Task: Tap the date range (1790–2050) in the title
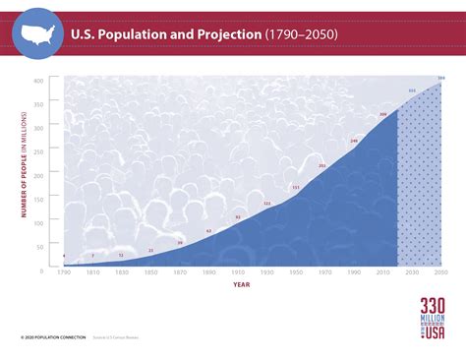(301, 34)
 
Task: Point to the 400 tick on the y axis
(38, 81)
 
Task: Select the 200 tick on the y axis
(38, 175)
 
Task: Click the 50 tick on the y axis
(40, 246)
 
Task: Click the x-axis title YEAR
(241, 285)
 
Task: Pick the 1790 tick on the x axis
(64, 272)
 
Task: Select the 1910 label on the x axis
(238, 272)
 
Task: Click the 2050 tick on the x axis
(440, 272)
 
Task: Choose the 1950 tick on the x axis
(296, 272)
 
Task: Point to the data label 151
(296, 187)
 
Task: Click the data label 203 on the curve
(322, 165)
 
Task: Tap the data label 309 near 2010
(383, 114)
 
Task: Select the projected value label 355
(412, 90)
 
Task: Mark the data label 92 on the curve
(238, 217)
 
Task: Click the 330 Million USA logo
(433, 320)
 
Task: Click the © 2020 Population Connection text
(47, 338)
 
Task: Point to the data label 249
(354, 141)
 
